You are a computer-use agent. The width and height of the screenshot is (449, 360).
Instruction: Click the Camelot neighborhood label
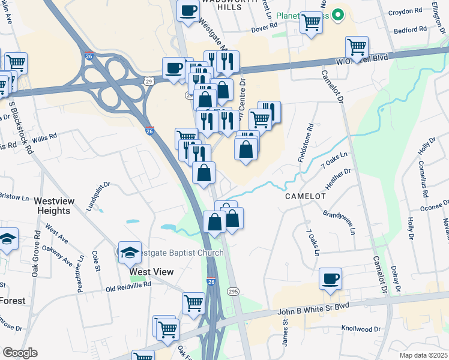(x=305, y=196)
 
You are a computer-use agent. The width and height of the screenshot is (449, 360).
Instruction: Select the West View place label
(x=152, y=272)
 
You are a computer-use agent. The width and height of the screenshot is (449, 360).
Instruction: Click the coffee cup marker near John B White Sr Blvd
(x=330, y=279)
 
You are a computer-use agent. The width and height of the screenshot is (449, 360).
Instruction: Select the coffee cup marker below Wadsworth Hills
(x=188, y=11)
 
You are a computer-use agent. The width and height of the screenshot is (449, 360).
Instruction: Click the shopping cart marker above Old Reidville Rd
(x=193, y=303)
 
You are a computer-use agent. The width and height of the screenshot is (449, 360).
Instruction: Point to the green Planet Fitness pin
(x=338, y=14)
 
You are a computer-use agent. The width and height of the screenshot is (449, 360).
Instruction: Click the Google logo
(x=20, y=353)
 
